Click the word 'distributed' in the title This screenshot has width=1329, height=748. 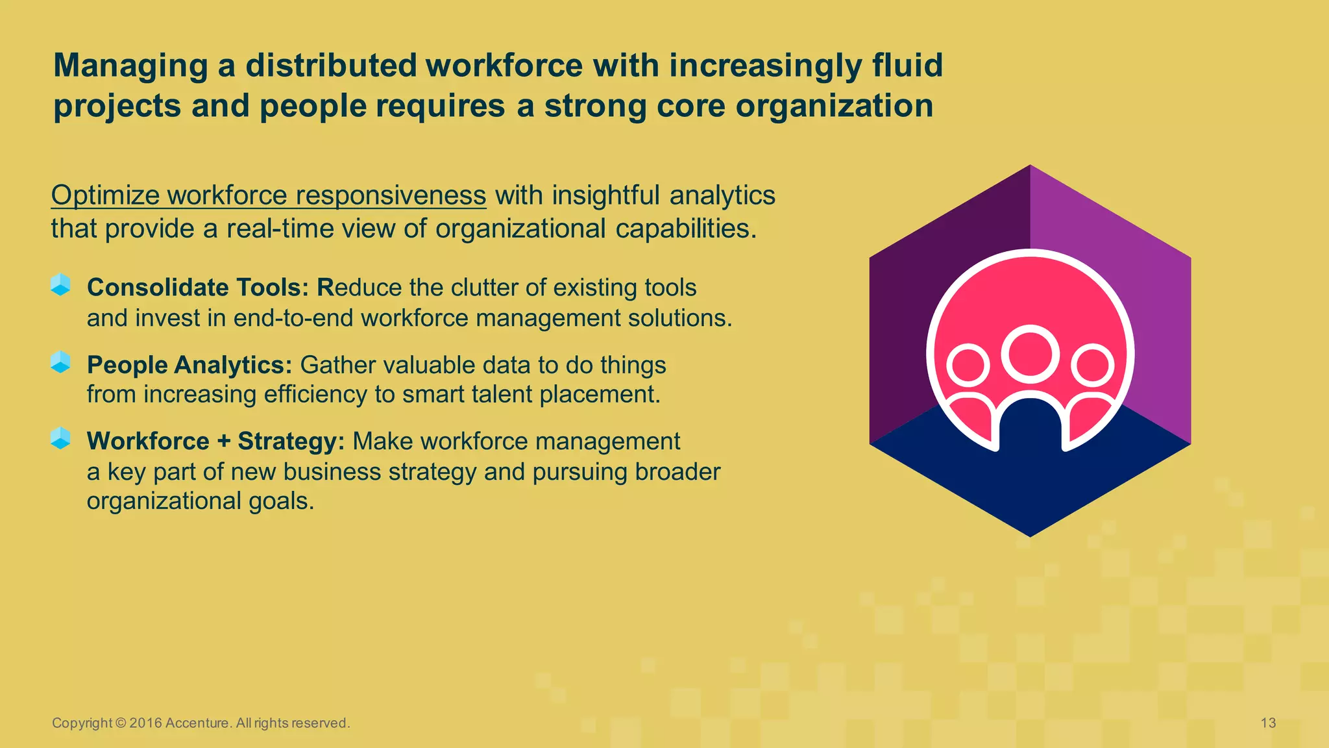[331, 66]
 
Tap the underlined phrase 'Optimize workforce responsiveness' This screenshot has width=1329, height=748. [269, 195]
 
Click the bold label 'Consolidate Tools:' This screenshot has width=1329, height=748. [198, 288]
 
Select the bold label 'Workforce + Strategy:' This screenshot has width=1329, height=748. [215, 442]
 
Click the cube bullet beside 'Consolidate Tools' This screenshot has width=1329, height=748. [60, 284]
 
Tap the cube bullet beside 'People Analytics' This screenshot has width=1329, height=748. [60, 362]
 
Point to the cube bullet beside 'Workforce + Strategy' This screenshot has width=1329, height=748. [60, 438]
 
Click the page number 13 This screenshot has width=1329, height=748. [1268, 723]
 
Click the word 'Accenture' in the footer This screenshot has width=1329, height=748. [197, 723]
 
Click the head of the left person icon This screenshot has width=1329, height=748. [968, 366]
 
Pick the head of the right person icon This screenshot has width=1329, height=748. [1092, 366]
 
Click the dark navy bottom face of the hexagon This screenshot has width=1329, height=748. [1030, 493]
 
